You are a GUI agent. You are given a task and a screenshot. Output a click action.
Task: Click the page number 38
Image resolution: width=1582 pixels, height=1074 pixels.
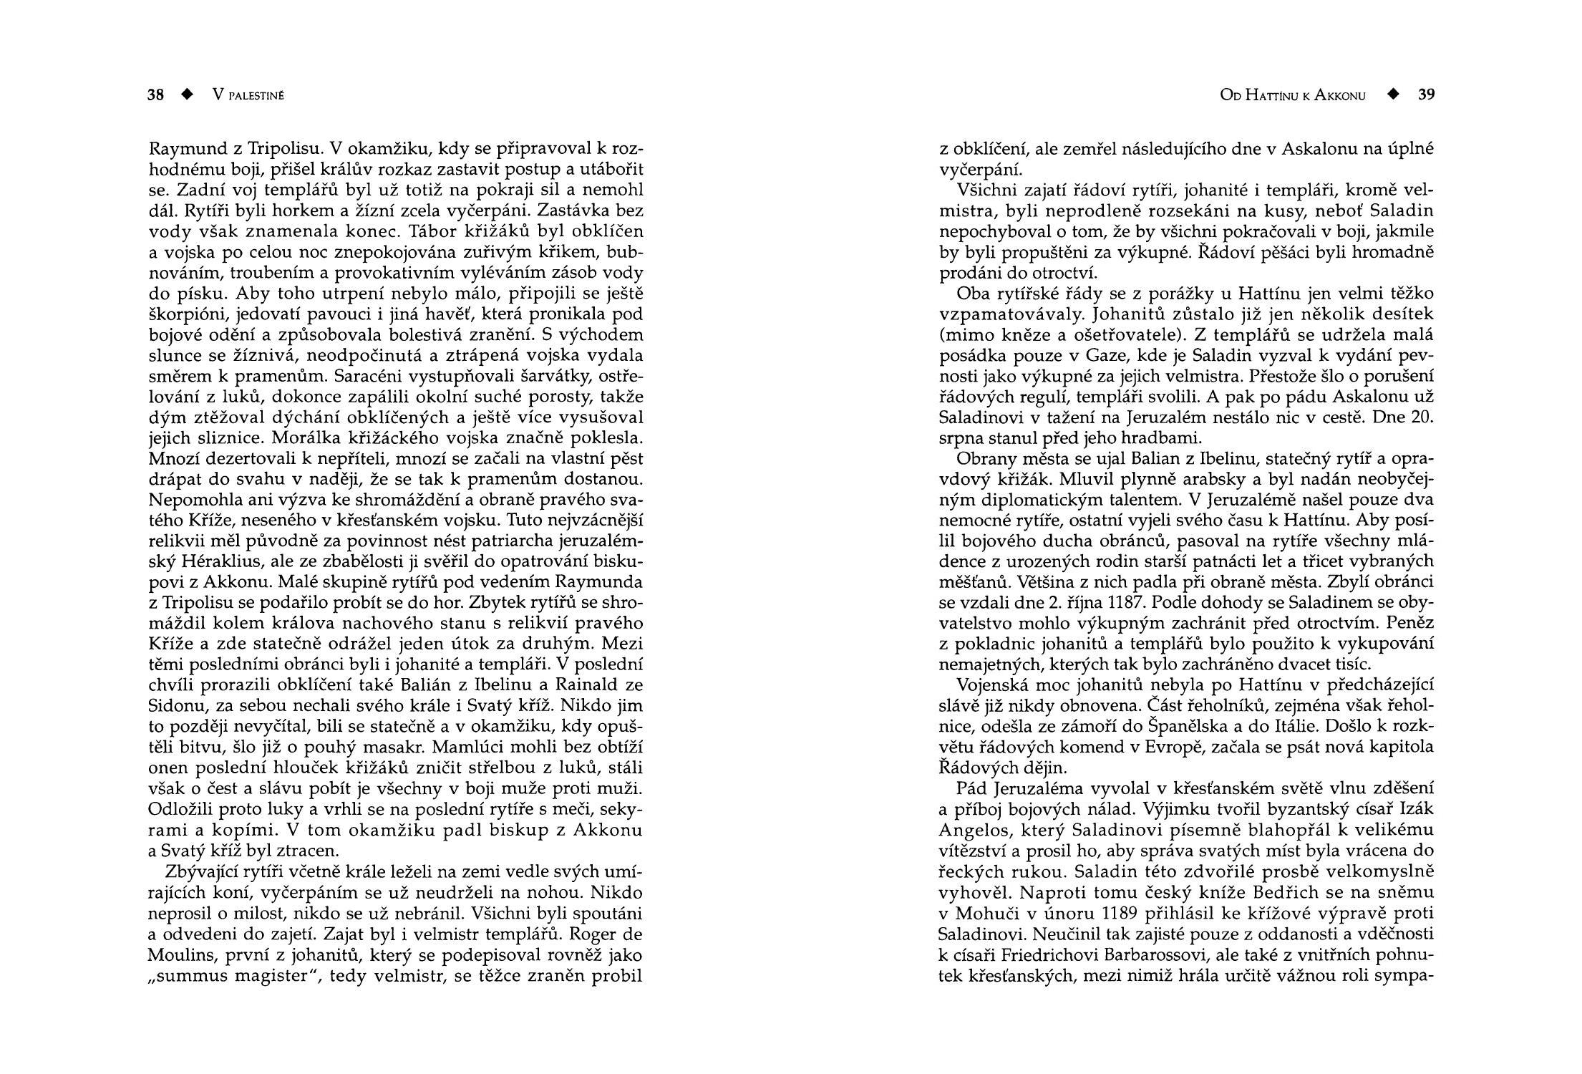point(156,95)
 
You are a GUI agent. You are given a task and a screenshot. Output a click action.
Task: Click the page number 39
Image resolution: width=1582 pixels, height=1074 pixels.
point(1426,95)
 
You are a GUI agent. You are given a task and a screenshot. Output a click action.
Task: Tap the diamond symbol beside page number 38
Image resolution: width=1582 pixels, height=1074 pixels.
point(188,95)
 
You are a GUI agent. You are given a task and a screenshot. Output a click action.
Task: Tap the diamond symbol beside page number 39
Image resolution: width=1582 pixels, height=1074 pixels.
point(1392,95)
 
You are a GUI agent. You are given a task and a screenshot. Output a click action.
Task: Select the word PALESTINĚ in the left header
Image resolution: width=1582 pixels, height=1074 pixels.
point(256,96)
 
